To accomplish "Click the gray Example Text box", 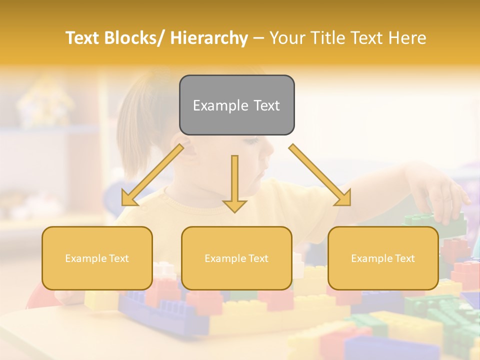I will point(236,105).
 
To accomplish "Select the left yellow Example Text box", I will point(97,258).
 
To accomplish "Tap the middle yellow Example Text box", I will point(236,258).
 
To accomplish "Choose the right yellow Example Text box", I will point(383,258).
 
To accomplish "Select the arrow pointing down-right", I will point(320,175).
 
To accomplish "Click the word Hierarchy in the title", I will point(209,38).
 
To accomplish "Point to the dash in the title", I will point(258,38).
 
